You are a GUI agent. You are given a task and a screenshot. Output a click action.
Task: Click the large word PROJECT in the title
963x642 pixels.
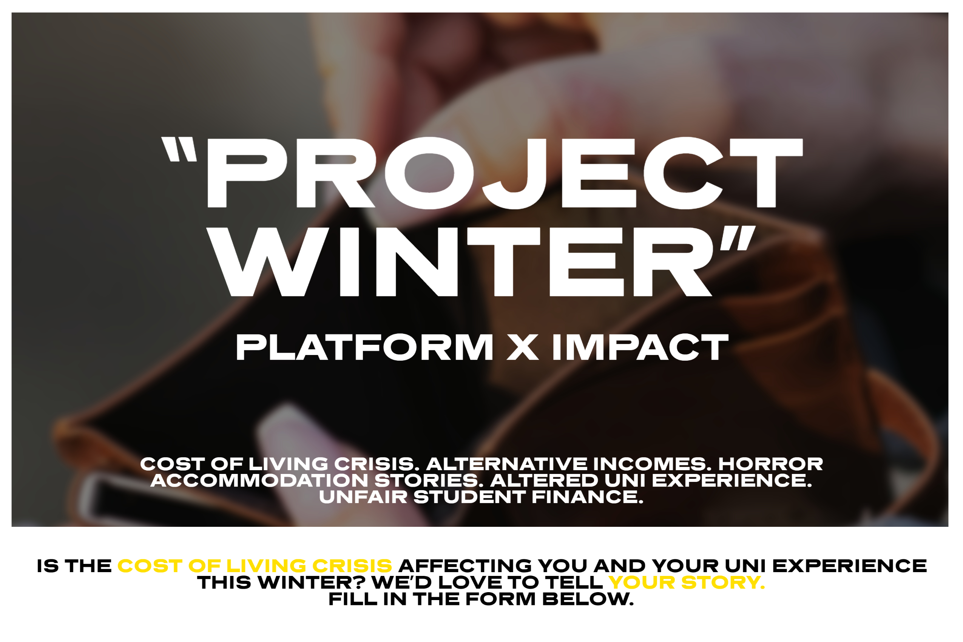tap(505, 173)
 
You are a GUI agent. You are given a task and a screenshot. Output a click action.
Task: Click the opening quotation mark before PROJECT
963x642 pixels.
tap(179, 149)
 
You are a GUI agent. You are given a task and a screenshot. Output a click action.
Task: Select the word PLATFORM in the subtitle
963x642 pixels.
tap(364, 347)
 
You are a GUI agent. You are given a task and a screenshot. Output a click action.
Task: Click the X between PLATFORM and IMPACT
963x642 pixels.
tap(522, 347)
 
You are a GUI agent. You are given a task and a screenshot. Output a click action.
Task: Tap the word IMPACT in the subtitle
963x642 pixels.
tap(641, 347)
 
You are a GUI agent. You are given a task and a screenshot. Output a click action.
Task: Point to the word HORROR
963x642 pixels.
tap(770, 464)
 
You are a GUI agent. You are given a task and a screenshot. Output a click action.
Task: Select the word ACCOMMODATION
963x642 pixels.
tap(259, 481)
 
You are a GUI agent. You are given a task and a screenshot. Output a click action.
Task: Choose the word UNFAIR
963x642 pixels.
tap(363, 497)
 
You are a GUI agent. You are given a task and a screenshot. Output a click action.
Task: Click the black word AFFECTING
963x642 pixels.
tap(465, 566)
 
